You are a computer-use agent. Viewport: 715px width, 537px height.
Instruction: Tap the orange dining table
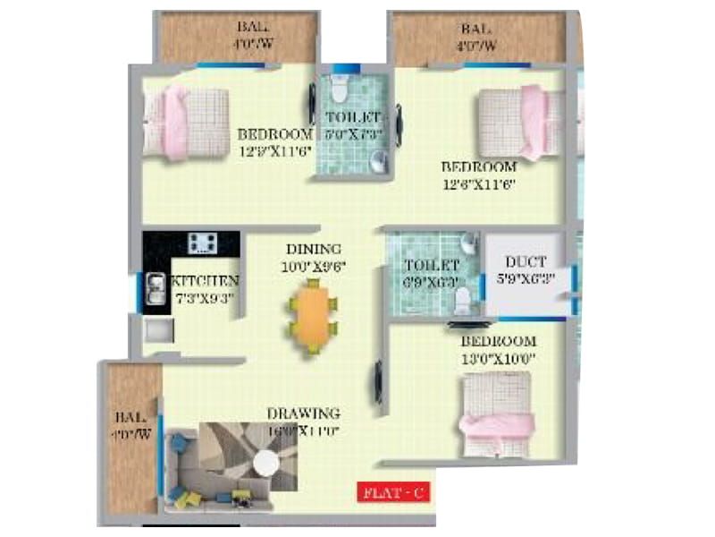coord(313,315)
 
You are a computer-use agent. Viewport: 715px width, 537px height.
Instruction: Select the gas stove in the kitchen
coord(202,243)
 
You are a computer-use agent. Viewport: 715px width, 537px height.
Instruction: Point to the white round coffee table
coord(265,464)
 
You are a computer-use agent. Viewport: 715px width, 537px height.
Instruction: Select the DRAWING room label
coord(304,413)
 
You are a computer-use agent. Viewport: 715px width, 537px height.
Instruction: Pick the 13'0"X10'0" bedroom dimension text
coord(497,357)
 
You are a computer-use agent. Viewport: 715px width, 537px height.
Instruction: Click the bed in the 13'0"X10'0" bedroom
coord(497,411)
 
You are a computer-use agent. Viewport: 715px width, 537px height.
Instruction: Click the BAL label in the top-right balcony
coord(478,28)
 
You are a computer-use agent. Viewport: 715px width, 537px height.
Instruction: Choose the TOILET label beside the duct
coord(431,266)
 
